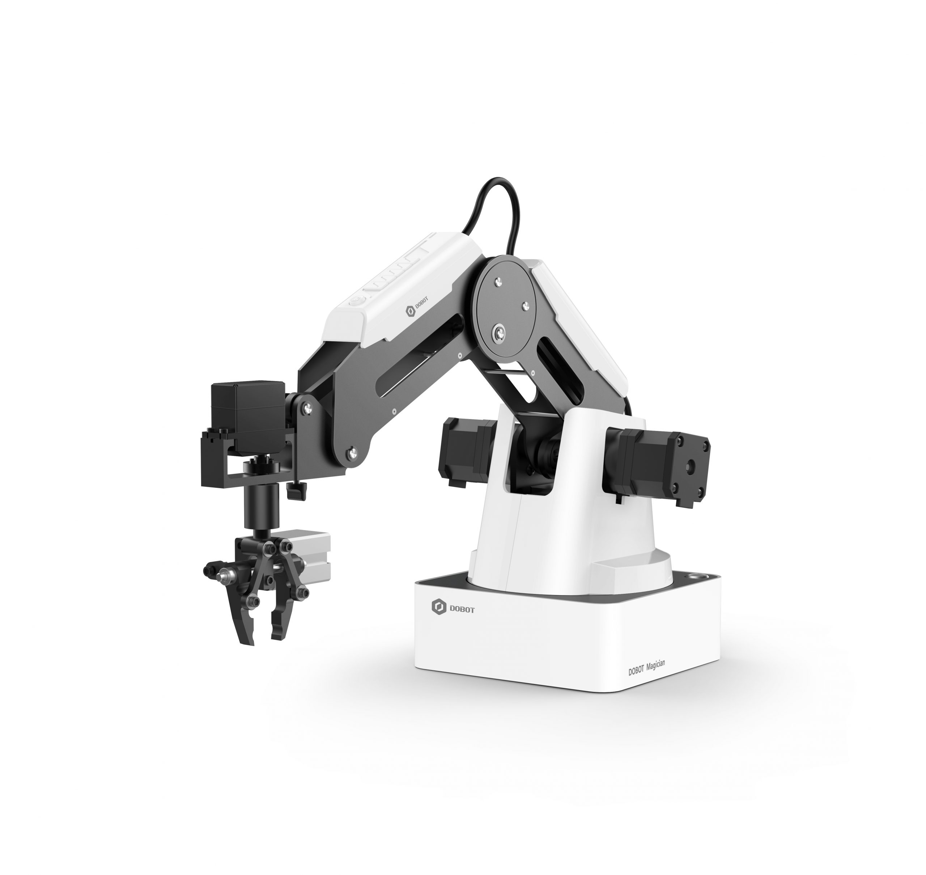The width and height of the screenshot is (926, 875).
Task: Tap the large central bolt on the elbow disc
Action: pyautogui.click(x=500, y=333)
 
